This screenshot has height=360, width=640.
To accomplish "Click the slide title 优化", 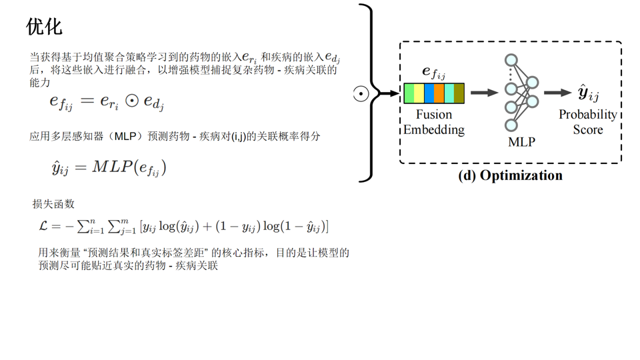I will pos(44,26).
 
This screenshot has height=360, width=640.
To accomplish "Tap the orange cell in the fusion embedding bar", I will pos(439,93).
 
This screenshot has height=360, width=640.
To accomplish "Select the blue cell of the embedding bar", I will pos(429,93).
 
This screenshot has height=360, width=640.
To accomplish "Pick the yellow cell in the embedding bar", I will pos(419,93).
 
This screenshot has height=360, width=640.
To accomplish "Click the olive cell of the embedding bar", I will pos(459,93).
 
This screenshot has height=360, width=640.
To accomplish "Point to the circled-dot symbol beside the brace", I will pos(361,94).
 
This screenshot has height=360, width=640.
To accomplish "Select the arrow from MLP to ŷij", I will pos(557,93).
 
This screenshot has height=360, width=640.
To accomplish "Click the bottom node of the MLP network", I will pos(511,125).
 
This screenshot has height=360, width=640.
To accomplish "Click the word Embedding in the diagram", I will pos(433,129).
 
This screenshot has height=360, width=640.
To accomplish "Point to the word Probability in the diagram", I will pos(587,115).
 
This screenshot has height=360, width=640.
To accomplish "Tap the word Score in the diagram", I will pos(587,129).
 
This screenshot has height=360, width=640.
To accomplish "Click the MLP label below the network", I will pos(521,142).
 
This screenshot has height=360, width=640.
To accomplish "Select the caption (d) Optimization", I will pos(510,175).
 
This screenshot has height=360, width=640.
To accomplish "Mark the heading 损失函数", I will pos(53,204).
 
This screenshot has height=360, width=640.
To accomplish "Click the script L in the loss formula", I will pos(44,226).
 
